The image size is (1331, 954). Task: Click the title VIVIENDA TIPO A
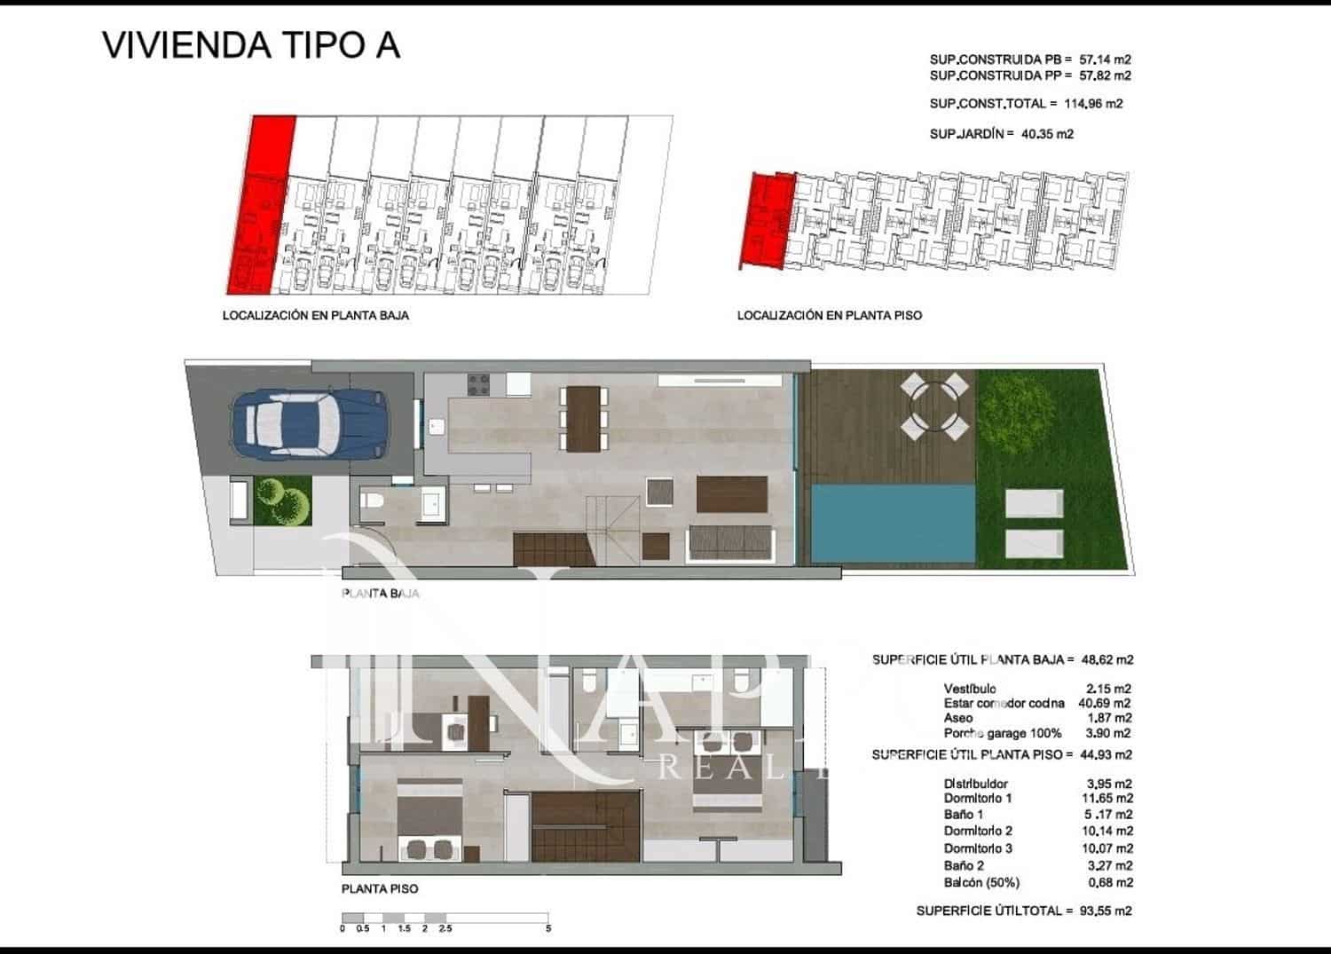point(251,45)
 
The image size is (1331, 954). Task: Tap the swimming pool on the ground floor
point(893,524)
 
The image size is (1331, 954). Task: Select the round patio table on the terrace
point(933,407)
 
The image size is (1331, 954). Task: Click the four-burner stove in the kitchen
point(479,384)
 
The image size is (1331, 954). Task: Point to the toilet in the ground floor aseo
point(373,503)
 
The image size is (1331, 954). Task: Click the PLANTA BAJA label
point(380,594)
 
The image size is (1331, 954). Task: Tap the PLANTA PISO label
point(380,888)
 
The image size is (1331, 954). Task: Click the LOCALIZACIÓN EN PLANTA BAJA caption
point(316,315)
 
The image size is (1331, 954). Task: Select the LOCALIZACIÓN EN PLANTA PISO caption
point(829,315)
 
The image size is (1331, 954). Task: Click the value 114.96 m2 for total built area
point(1093,104)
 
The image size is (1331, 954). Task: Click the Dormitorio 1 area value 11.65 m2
point(1109,799)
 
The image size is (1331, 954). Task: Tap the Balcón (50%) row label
point(981,883)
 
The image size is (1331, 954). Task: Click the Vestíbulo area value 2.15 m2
point(1109,689)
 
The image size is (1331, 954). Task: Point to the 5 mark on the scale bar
point(548,929)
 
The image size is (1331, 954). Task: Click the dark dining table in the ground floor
point(584,420)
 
